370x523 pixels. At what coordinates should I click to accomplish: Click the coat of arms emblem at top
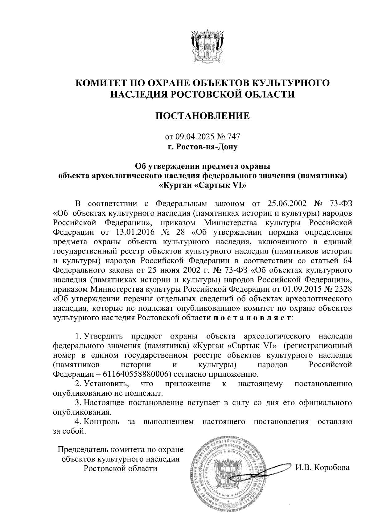(206, 47)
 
